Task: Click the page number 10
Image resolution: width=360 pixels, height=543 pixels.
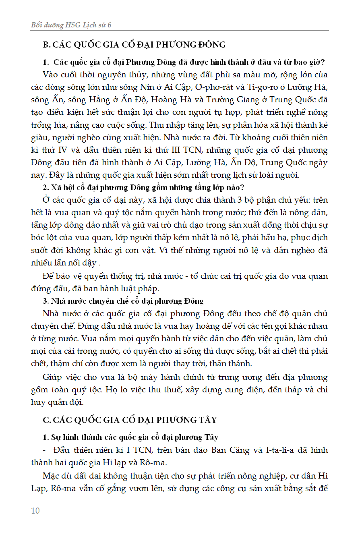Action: [x=35, y=511]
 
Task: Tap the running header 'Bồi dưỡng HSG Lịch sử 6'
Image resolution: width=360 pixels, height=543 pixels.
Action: [x=71, y=25]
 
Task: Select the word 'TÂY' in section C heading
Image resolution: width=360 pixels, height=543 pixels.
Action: [x=207, y=420]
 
